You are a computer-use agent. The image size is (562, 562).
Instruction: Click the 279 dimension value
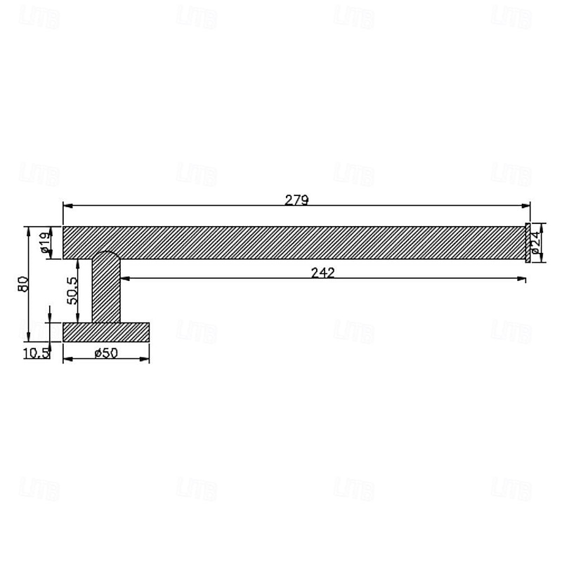[x=296, y=200]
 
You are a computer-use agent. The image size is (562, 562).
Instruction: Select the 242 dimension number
[x=323, y=273]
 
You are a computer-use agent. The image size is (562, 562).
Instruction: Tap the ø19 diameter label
[x=44, y=242]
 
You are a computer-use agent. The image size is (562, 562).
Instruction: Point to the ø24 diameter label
[x=535, y=243]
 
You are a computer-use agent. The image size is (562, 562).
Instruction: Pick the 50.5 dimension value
[x=72, y=289]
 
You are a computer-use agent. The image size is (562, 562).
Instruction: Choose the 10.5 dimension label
[x=36, y=353]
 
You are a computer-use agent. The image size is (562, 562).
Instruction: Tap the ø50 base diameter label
[x=105, y=353]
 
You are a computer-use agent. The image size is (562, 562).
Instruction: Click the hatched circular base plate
[x=106, y=332]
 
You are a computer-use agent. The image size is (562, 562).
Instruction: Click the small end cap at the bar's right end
[x=527, y=243]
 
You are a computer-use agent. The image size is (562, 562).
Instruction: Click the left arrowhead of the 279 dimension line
[x=67, y=206]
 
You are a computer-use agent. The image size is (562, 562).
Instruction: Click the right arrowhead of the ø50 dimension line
[x=145, y=359]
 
